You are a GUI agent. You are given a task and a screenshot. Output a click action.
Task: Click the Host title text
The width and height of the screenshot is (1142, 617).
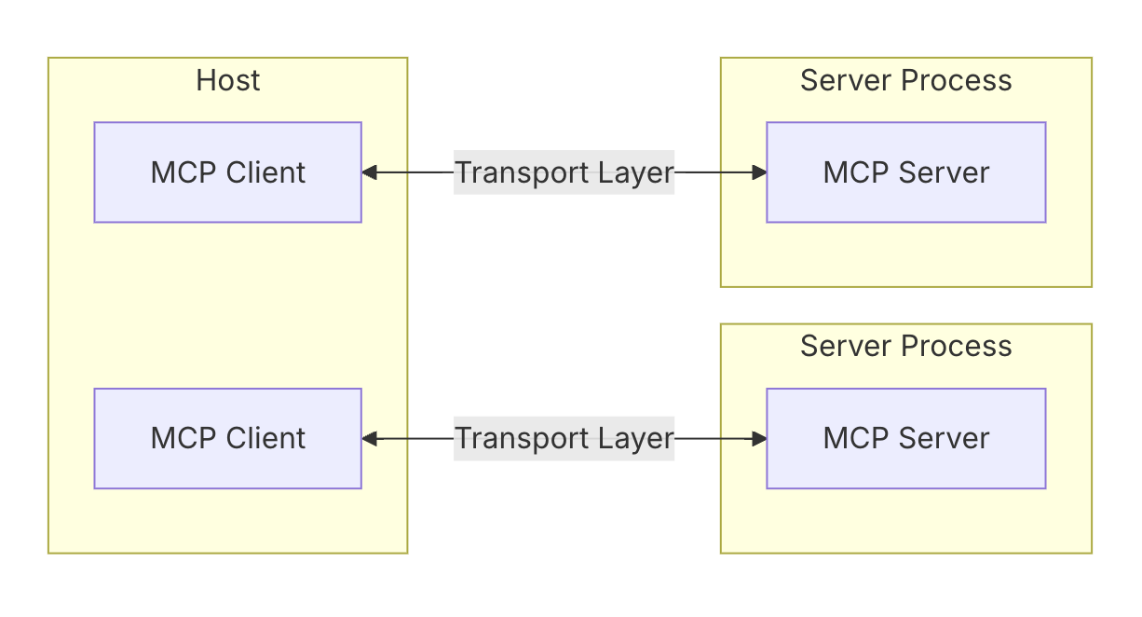[228, 80]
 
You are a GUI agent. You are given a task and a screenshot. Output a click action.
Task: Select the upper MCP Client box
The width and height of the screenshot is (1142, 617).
[228, 172]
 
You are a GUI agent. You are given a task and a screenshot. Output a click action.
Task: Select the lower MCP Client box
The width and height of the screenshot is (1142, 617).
[228, 439]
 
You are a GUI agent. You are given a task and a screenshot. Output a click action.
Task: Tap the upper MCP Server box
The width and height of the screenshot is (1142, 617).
[906, 172]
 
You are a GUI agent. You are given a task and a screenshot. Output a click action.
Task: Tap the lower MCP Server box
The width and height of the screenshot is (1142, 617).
[906, 439]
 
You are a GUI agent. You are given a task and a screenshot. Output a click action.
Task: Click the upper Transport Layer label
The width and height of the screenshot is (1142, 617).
[564, 172]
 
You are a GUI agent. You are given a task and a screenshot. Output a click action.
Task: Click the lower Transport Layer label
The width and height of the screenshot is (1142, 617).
[564, 439]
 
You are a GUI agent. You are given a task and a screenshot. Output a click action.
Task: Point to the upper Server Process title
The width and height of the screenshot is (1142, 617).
[906, 80]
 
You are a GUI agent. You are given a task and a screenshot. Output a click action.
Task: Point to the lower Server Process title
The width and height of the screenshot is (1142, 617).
[906, 346]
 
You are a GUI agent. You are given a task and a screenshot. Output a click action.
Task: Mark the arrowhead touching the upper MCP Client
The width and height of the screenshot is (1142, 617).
[370, 172]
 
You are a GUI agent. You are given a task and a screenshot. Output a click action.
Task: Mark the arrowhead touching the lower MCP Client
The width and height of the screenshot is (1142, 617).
[370, 439]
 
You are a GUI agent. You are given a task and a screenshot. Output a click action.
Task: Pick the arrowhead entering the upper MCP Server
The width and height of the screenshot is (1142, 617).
[759, 172]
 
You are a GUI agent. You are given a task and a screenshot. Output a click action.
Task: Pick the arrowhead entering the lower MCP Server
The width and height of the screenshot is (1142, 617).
[759, 439]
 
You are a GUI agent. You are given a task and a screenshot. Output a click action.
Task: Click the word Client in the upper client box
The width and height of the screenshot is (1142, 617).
[265, 172]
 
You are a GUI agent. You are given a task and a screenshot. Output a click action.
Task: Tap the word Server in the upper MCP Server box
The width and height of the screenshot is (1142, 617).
[944, 172]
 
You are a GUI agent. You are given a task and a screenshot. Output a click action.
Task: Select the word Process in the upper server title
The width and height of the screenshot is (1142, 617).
[957, 80]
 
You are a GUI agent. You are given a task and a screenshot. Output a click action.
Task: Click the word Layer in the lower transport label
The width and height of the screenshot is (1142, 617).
[636, 440]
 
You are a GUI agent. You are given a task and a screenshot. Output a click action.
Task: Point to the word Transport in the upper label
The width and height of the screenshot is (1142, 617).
[522, 173]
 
